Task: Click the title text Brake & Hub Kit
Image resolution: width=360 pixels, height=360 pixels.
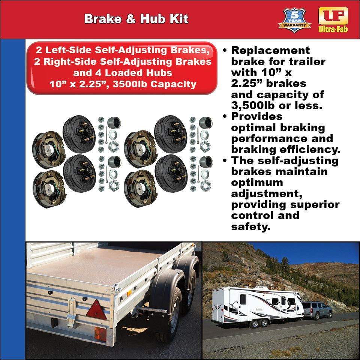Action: click(136, 19)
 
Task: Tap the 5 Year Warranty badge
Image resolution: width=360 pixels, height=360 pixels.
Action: click(294, 20)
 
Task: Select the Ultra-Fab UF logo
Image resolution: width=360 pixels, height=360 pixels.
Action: click(333, 19)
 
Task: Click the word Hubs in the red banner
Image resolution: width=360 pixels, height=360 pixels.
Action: click(157, 73)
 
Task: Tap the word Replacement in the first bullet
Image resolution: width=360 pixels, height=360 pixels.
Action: click(270, 51)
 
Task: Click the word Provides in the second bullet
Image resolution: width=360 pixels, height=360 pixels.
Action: click(256, 117)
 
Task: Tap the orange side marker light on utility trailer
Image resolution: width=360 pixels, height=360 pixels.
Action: click(129, 293)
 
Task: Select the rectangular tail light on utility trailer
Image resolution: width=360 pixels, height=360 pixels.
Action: click(100, 333)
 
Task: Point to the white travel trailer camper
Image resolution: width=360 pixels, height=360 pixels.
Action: click(257, 304)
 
